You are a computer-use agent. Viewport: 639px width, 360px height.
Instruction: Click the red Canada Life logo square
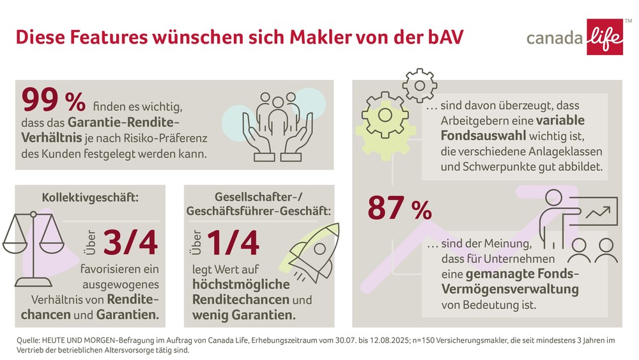[604, 36]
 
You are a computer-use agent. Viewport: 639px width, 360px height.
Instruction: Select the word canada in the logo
[554, 38]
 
